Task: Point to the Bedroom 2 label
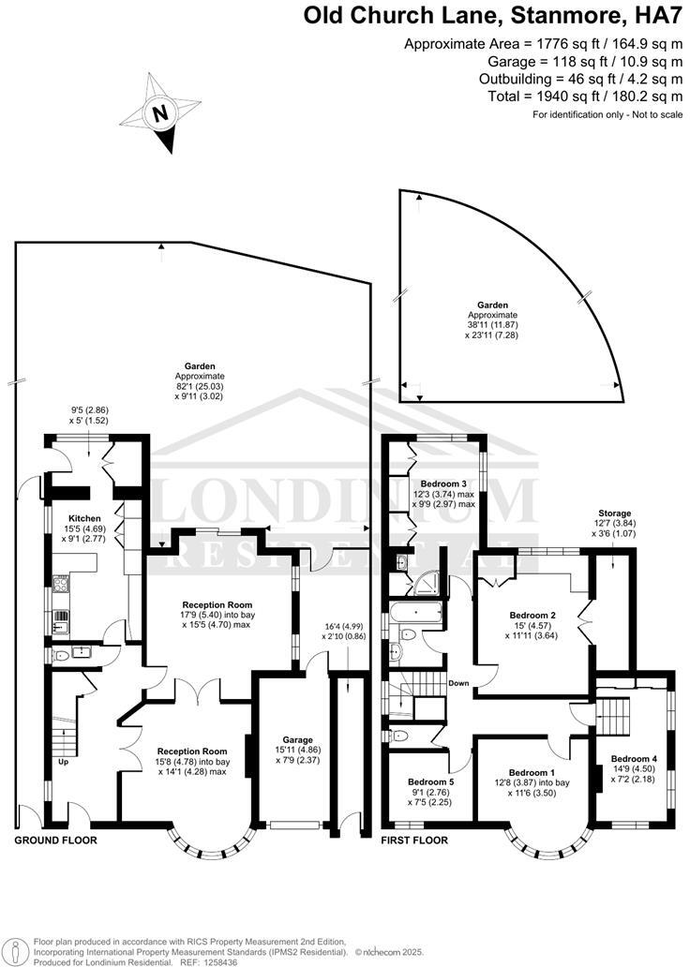(532, 615)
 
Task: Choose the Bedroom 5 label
(431, 780)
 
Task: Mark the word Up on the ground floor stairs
(63, 763)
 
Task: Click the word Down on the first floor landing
(458, 683)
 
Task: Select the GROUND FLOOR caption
(55, 841)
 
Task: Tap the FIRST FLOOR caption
(413, 841)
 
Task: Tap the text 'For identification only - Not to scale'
(607, 114)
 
